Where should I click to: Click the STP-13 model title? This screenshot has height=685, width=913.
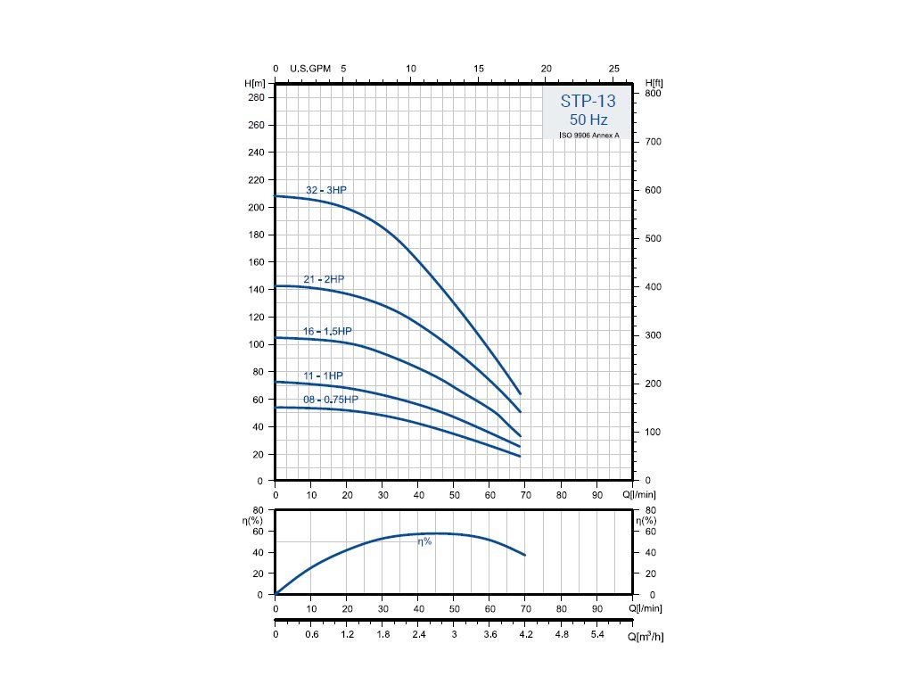coord(588,102)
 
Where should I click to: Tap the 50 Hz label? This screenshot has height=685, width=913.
coord(588,120)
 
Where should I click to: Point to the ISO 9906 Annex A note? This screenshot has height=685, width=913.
coord(588,136)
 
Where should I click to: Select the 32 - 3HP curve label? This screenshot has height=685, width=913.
coord(325,190)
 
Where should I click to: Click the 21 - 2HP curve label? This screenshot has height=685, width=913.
coord(324,279)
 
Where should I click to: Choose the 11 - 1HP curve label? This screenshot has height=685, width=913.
coord(323,376)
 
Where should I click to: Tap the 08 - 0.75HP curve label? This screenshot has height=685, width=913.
coord(330,400)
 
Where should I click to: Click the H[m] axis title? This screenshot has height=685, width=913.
coord(256,83)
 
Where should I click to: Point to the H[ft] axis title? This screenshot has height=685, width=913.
coord(653,83)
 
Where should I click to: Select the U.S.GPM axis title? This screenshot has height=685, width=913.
coord(310,69)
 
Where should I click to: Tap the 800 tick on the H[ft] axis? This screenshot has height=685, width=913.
coord(653,94)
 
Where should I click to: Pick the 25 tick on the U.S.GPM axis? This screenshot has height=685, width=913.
coord(614,69)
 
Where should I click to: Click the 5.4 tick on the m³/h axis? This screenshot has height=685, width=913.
coord(597,635)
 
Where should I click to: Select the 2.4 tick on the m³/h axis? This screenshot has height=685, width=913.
coord(418,635)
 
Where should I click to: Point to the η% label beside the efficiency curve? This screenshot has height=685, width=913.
coord(424,541)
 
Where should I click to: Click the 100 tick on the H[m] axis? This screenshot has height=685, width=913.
coord(257,344)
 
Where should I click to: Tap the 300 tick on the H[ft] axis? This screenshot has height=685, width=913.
coord(653,335)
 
